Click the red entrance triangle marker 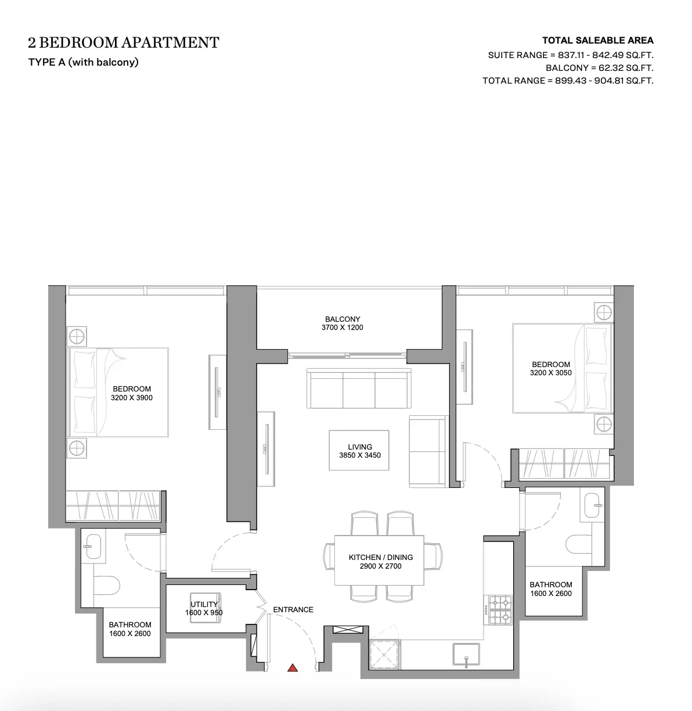click(293, 668)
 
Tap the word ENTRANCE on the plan click(293, 609)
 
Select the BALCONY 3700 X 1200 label click(342, 324)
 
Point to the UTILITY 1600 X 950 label click(204, 608)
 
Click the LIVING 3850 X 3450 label click(360, 451)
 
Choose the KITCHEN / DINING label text click(380, 557)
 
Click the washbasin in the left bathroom click(93, 547)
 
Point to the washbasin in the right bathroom click(592, 505)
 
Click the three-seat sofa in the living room click(359, 389)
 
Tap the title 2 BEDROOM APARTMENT click(124, 42)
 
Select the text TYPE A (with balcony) click(84, 62)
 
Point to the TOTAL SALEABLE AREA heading click(598, 40)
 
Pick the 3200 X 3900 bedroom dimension click(131, 397)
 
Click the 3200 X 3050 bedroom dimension click(551, 373)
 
